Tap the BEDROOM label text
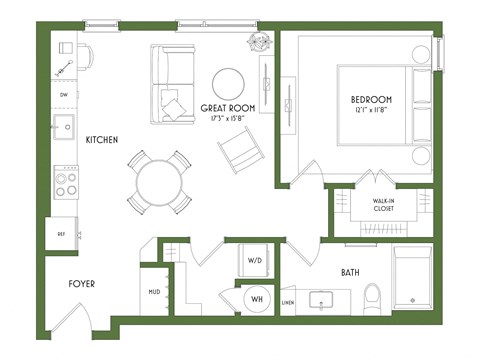pos(371,100)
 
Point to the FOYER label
pos(81,284)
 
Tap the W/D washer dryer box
pos(253,261)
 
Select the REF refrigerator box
pos(61,233)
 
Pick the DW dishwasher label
pos(63,95)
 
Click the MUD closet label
pos(153,293)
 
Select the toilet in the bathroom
pos(372,296)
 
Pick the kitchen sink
pos(63,127)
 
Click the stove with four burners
pos(65,182)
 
